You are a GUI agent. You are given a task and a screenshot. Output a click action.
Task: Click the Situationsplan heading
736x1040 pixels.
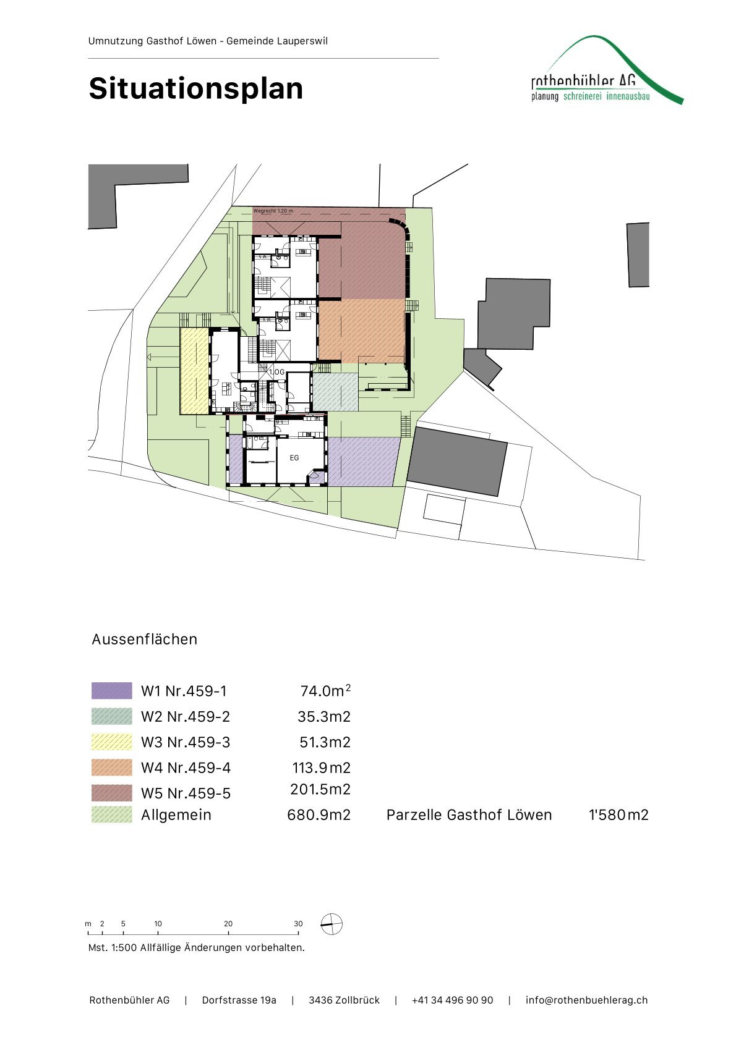click(195, 88)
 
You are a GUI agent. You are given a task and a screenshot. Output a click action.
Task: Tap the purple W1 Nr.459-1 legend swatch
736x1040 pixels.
click(112, 691)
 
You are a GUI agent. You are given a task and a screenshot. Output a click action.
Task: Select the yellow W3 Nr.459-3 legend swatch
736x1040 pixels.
click(112, 742)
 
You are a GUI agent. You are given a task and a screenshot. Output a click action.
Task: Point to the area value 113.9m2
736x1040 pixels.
click(321, 768)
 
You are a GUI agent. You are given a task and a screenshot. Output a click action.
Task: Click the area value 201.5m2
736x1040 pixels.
click(320, 790)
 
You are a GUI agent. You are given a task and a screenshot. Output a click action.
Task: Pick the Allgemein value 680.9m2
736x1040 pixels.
click(319, 815)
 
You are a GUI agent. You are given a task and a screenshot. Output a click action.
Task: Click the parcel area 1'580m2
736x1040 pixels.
click(618, 815)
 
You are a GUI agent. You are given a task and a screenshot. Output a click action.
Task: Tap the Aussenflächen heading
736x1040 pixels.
click(145, 640)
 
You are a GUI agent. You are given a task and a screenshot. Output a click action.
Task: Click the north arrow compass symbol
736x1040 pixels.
click(332, 924)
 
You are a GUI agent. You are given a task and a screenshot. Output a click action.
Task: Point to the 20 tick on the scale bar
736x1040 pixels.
click(228, 924)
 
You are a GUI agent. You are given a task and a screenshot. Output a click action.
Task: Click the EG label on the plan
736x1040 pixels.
click(294, 458)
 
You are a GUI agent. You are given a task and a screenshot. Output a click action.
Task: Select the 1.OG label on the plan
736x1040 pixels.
click(276, 372)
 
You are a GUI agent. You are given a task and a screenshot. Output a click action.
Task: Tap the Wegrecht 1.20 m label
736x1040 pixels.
click(273, 211)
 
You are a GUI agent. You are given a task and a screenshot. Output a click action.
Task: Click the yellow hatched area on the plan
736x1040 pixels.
click(194, 371)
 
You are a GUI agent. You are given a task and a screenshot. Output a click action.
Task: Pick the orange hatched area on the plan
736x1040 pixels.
click(362, 330)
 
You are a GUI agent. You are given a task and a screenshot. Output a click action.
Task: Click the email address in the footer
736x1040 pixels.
click(586, 1000)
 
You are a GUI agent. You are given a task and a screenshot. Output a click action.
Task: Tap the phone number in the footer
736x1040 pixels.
click(452, 1000)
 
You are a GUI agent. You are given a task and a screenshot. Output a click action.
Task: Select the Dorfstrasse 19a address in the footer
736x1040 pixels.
click(239, 1000)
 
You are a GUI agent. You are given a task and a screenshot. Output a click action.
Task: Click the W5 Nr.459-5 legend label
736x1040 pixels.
click(186, 793)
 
